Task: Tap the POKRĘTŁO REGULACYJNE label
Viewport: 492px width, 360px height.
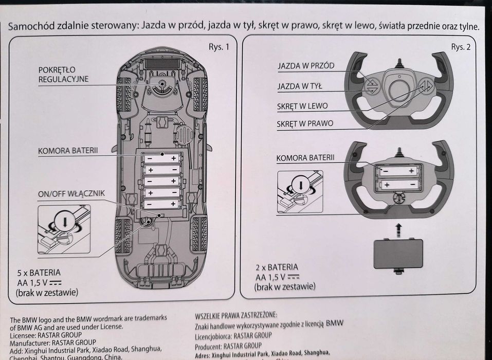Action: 64,75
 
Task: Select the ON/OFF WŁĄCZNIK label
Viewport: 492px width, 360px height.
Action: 71,193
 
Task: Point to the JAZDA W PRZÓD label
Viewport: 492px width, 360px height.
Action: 306,66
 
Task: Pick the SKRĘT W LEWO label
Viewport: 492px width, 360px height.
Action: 302,106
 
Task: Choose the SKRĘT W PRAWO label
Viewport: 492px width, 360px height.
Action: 304,123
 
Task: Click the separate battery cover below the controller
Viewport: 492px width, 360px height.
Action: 398,254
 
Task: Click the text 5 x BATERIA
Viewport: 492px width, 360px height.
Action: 39,272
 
